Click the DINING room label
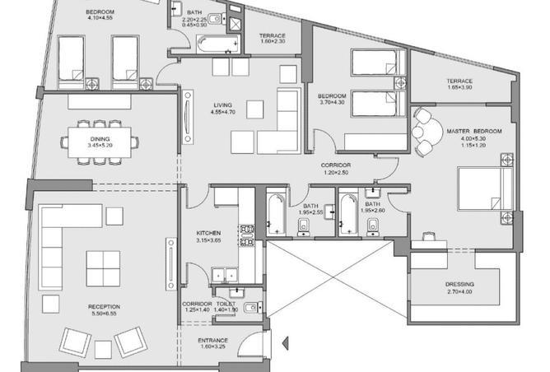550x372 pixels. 100,139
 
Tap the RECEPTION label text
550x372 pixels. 105,307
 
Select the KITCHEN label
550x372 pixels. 208,233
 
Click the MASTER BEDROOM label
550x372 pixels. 474,131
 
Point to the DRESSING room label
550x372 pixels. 459,284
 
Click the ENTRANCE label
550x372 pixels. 213,340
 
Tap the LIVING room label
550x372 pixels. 223,105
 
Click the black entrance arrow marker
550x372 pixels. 286,343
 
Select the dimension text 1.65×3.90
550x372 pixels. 459,87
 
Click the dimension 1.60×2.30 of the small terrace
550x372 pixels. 273,41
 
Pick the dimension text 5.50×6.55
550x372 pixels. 105,314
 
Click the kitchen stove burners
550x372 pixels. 247,235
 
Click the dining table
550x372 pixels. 100,142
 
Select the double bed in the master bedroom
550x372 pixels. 485,189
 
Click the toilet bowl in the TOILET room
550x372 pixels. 252,308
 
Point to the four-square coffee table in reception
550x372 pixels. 103,268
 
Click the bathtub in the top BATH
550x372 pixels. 218,44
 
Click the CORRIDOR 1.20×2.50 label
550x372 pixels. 336,169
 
